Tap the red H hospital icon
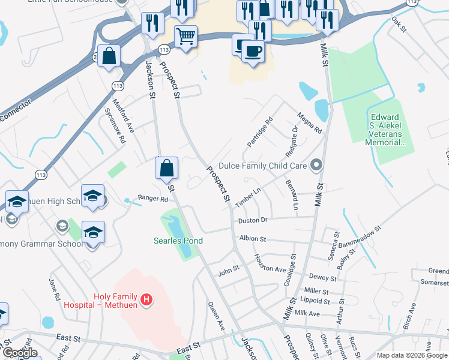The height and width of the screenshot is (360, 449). [x=145, y=299]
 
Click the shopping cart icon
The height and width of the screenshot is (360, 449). [x=185, y=36]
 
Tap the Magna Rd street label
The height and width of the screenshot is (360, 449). [x=310, y=122]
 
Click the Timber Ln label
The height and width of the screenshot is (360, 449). [x=249, y=198]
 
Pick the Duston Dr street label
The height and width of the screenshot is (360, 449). [x=252, y=221]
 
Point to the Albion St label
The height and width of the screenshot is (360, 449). [x=252, y=238]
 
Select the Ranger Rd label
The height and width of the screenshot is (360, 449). [x=152, y=198]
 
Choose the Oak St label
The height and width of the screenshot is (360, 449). [x=399, y=25]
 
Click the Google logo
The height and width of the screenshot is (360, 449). [x=20, y=353]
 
